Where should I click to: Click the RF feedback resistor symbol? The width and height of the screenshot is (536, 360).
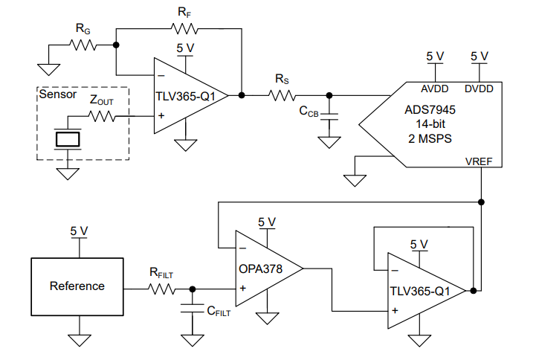point(185,29)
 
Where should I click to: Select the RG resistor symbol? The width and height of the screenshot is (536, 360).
point(85,45)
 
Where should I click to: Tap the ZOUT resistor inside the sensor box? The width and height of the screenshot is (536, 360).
point(102,116)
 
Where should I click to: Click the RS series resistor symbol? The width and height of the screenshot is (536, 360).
point(283,95)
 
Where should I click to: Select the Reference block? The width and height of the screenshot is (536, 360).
point(77,286)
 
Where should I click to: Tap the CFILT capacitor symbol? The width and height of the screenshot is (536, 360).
point(193,306)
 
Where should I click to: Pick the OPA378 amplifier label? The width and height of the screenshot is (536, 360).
point(259,269)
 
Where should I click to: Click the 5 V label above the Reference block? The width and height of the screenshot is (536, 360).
point(79,231)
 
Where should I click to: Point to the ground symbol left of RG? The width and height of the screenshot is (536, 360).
point(49,69)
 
